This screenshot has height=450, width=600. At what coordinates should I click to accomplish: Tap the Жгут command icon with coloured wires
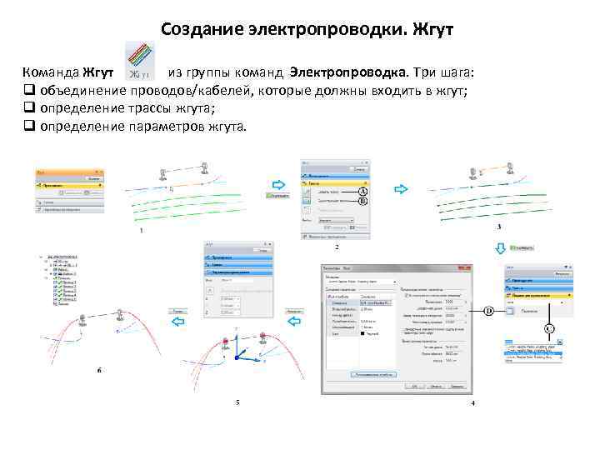pyautogui.click(x=139, y=62)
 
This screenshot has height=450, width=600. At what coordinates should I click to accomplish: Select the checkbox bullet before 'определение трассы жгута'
pyautogui.click(x=27, y=109)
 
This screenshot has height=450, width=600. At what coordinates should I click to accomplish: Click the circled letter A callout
pyautogui.click(x=363, y=191)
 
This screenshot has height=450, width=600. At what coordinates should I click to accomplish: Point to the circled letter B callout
pyautogui.click(x=363, y=201)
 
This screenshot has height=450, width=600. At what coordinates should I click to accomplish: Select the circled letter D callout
pyautogui.click(x=489, y=310)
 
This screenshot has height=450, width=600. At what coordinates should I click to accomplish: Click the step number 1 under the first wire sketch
pyautogui.click(x=141, y=231)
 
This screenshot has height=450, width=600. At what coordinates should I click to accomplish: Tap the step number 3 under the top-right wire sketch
pyautogui.click(x=498, y=227)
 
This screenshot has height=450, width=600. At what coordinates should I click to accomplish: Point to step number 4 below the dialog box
pyautogui.click(x=472, y=403)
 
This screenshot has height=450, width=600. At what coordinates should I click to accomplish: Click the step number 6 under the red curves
pyautogui.click(x=99, y=369)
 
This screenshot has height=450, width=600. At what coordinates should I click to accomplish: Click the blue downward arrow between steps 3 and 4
pyautogui.click(x=500, y=247)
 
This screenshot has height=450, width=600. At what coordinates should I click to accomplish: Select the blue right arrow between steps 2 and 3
pyautogui.click(x=402, y=189)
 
